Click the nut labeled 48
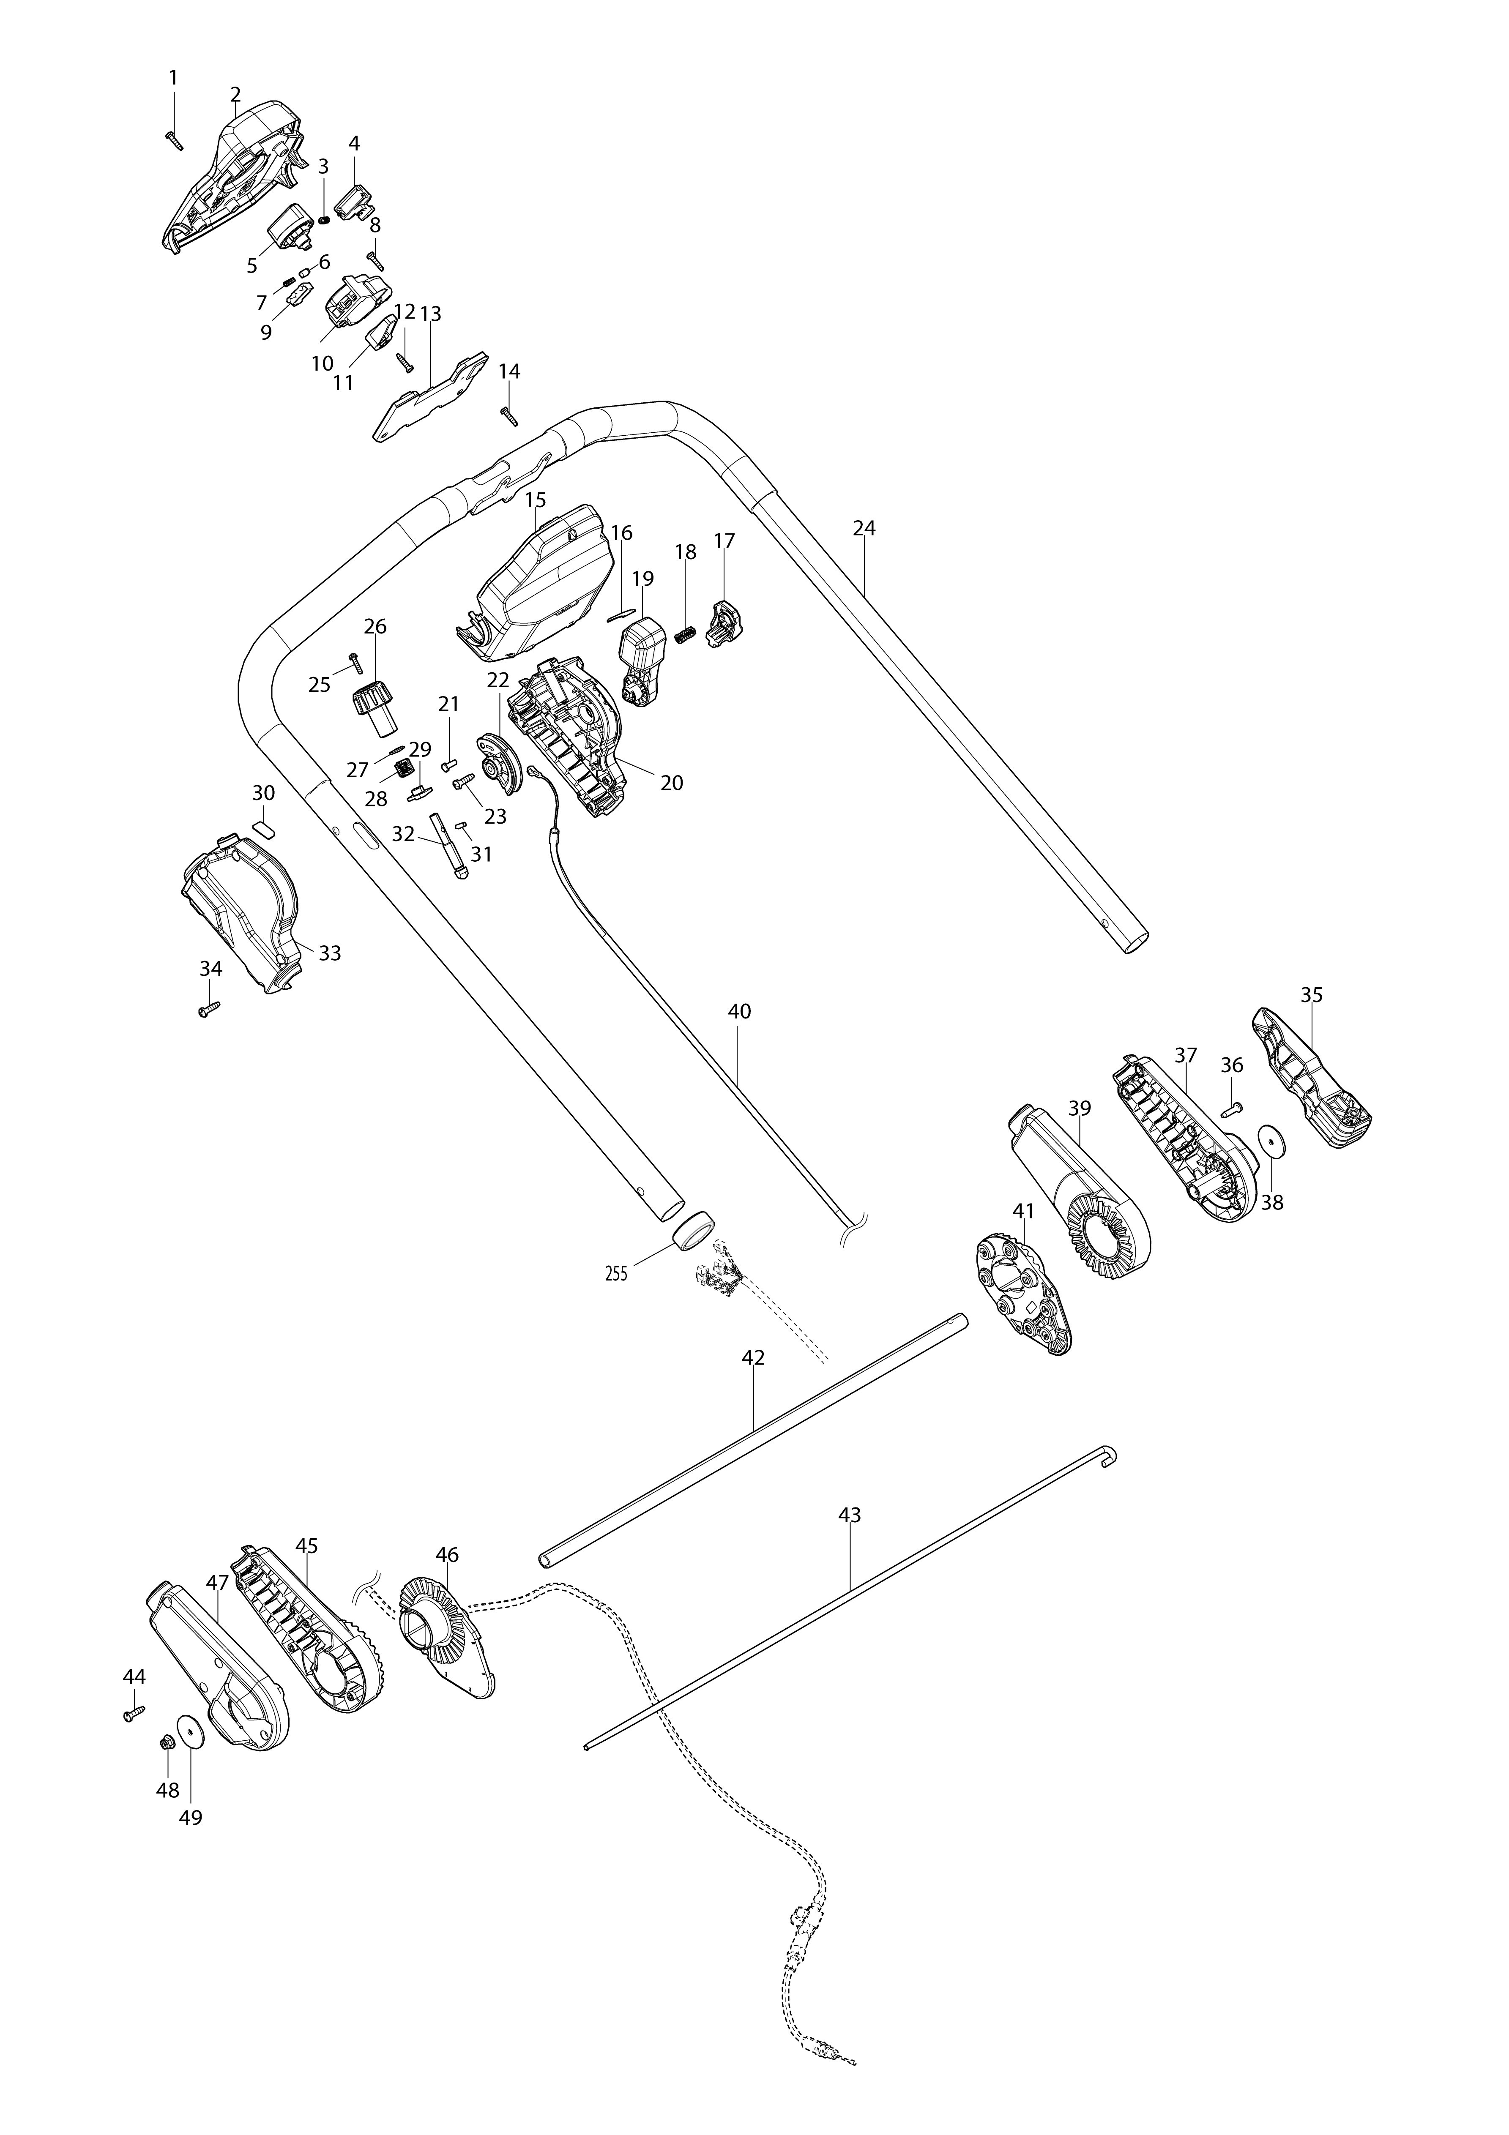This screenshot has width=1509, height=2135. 167,1740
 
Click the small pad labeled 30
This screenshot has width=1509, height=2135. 264,827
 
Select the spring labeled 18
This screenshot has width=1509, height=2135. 685,639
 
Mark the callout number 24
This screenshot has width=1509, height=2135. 864,528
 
